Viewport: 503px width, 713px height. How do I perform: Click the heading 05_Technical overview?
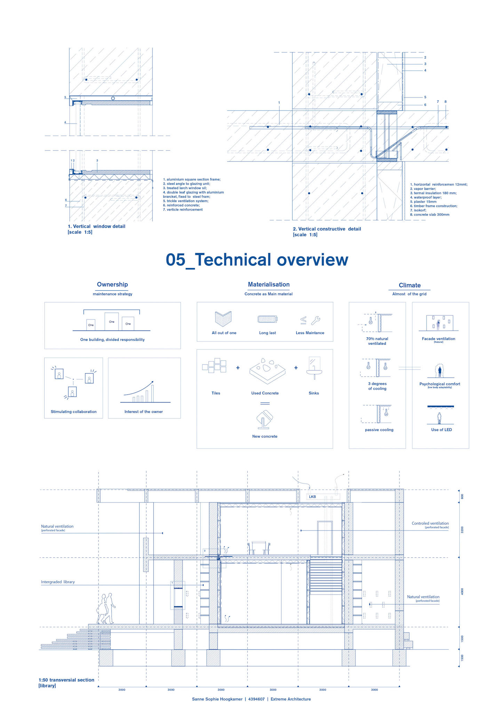(257, 260)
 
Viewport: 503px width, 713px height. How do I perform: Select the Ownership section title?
(112, 284)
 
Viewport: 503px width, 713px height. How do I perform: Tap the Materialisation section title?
(269, 284)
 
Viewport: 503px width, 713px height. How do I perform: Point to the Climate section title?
(409, 285)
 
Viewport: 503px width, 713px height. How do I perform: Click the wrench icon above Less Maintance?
(316, 320)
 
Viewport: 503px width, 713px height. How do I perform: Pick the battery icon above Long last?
(268, 319)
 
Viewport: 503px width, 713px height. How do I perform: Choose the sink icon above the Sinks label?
(314, 368)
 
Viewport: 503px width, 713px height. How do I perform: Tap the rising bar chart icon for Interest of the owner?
(143, 392)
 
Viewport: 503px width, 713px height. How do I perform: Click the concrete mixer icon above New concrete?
(265, 420)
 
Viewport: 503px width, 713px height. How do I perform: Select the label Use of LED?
(441, 430)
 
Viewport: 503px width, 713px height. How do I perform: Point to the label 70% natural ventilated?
(377, 341)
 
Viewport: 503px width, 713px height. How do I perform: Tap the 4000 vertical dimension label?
(462, 591)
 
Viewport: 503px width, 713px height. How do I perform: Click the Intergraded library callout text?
(58, 582)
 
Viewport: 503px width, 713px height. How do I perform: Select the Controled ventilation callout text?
(430, 523)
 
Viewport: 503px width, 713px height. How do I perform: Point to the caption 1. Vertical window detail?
(96, 226)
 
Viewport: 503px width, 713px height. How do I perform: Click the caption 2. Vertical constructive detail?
(327, 229)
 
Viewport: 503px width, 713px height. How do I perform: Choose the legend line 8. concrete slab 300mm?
(430, 214)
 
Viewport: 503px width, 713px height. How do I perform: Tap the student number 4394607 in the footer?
(256, 699)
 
